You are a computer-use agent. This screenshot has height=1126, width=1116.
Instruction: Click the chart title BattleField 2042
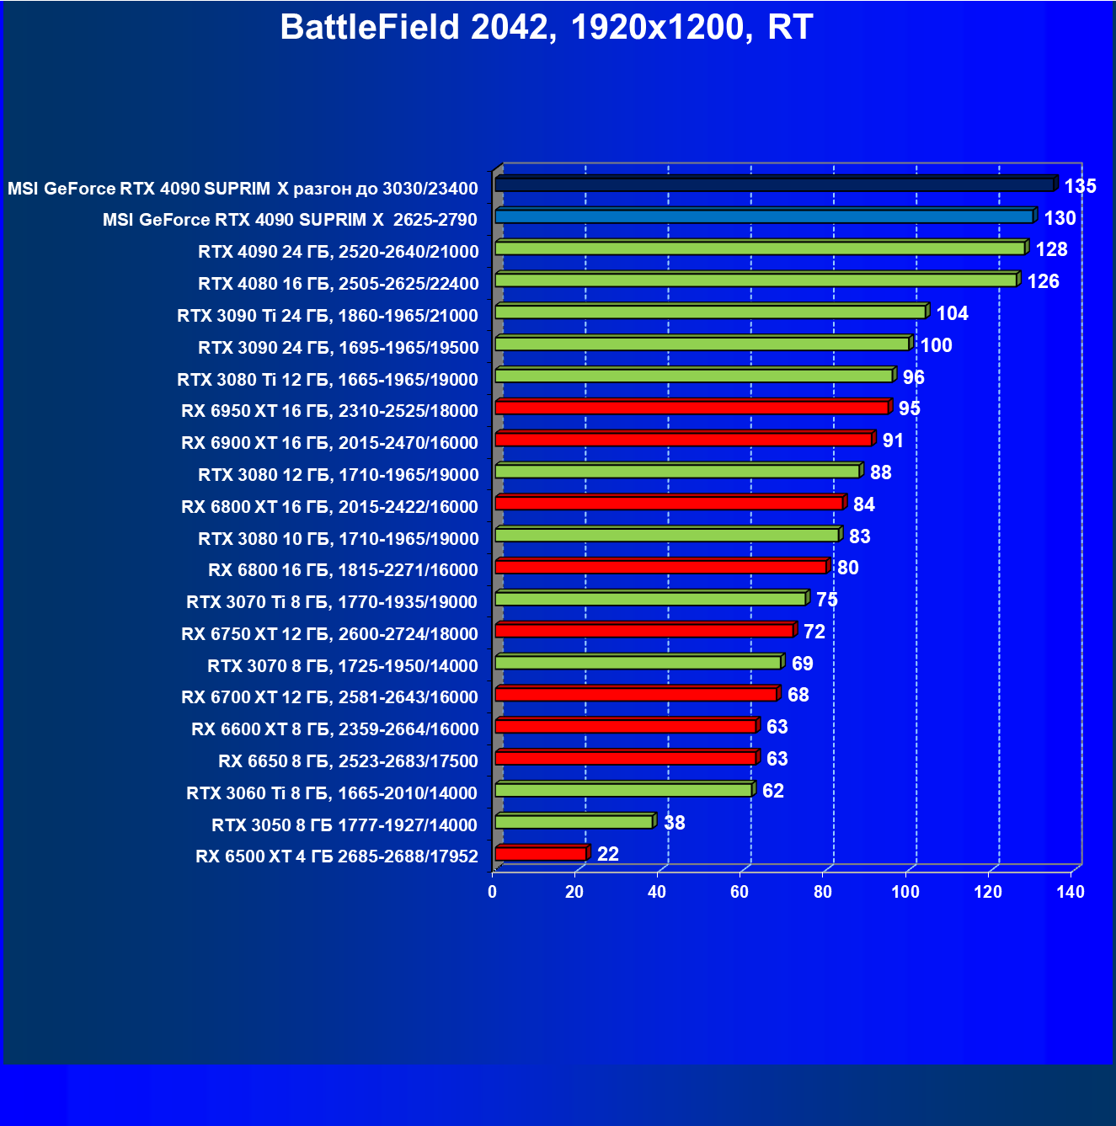546,28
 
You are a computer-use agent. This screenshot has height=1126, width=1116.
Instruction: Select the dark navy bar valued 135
774,184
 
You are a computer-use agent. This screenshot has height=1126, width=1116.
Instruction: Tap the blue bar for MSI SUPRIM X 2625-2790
764,216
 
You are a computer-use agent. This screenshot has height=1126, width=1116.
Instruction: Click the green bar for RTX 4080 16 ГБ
756,280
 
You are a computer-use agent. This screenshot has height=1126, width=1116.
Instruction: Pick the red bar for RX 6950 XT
691,408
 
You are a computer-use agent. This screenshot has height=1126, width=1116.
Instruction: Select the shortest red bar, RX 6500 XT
541,854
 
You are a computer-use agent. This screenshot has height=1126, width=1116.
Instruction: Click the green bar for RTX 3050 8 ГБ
574,822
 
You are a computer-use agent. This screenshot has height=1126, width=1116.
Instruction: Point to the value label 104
952,313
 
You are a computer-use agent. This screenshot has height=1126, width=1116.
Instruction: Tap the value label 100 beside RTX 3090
936,345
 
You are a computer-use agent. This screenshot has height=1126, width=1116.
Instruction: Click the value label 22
607,854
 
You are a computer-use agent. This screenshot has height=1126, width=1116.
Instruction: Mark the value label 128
1051,249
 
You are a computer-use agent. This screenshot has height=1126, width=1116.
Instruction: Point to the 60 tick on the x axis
740,892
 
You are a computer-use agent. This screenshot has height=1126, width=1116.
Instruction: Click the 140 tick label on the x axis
1071,892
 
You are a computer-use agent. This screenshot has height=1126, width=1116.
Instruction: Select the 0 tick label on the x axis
493,892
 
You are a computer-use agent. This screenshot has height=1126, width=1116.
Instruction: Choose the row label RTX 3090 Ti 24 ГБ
327,316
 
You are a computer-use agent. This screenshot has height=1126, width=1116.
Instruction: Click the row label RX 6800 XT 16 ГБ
329,507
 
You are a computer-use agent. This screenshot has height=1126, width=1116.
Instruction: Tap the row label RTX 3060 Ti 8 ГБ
331,793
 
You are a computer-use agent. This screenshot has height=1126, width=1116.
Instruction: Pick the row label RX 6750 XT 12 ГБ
329,634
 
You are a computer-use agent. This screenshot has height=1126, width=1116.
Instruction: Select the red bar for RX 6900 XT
683,440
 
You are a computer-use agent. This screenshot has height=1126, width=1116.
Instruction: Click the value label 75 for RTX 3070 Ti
826,600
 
